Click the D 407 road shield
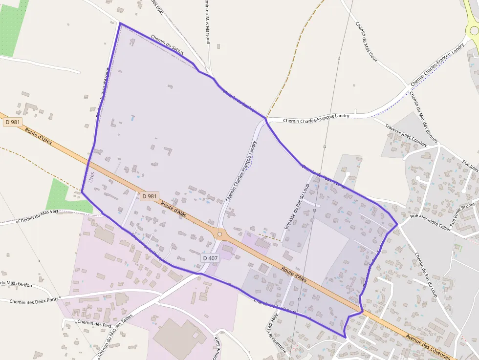click(x=210, y=258)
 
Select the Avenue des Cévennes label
click(x=431, y=345)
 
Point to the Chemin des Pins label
click(x=94, y=324)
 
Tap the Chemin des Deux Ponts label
click(x=33, y=300)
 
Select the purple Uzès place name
click(x=92, y=177)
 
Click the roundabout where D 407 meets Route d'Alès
click(x=220, y=234)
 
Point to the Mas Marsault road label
click(x=207, y=22)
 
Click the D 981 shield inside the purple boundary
click(x=150, y=196)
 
